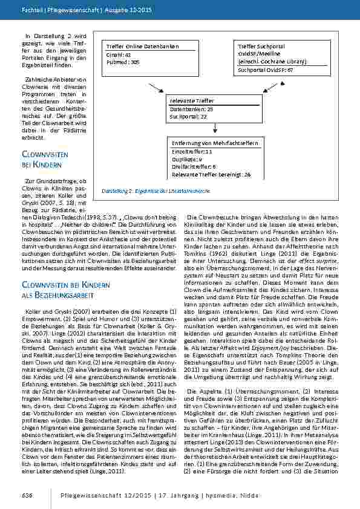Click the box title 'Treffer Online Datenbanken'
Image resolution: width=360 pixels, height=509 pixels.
pyautogui.click(x=137, y=47)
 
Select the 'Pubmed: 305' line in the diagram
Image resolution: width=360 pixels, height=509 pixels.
pyautogui.click(x=123, y=62)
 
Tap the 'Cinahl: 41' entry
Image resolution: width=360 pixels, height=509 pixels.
pyautogui.click(x=119, y=54)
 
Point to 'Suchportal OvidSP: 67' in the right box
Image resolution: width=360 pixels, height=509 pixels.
pyautogui.click(x=265, y=70)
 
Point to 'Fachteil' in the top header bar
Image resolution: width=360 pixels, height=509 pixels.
pyautogui.click(x=31, y=11)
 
